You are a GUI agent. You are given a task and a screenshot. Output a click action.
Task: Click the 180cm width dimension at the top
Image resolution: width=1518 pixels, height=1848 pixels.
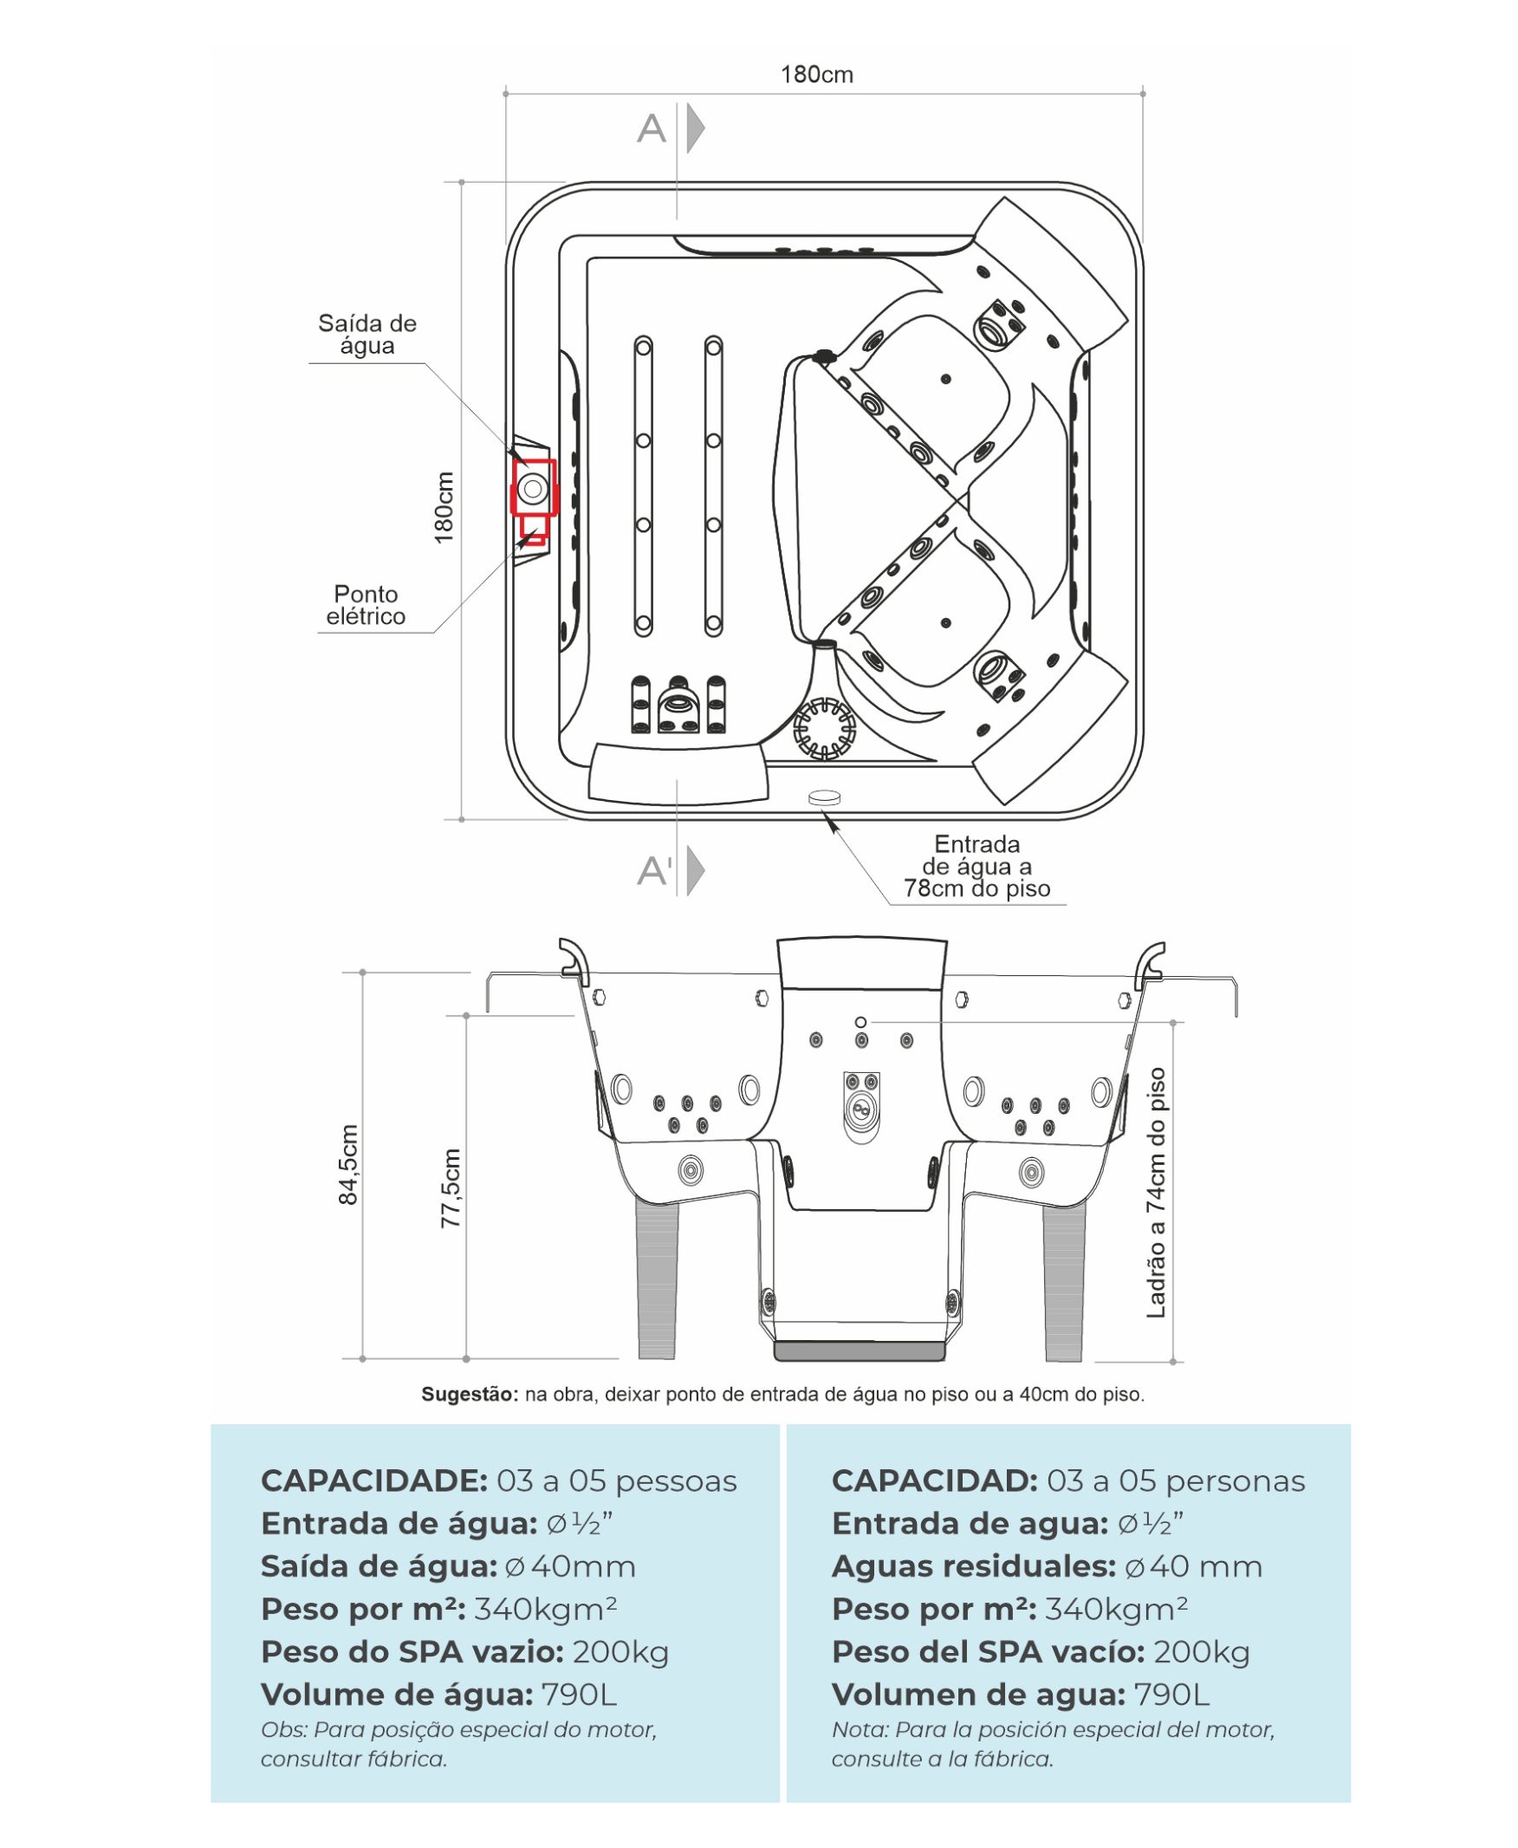(816, 75)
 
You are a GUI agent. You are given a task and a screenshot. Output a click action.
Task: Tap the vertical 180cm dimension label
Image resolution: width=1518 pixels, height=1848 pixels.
(444, 507)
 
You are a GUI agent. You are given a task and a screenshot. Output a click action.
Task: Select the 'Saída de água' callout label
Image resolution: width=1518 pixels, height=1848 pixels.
(367, 334)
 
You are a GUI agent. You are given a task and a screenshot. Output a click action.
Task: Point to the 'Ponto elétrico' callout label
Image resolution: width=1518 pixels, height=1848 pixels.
(366, 605)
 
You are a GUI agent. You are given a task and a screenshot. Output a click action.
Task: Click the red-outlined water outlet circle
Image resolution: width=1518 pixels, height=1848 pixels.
(533, 488)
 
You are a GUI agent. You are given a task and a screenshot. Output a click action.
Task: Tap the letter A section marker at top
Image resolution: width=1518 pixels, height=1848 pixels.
(652, 129)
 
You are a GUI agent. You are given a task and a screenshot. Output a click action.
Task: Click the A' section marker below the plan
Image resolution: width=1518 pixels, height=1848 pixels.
(655, 871)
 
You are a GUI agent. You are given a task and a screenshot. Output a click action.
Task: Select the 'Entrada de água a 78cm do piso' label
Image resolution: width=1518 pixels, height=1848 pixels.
(976, 867)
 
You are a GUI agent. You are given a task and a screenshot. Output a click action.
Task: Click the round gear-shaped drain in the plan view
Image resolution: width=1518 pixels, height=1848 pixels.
(824, 727)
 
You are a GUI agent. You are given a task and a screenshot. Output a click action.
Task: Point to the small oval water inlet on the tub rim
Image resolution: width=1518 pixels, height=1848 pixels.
(824, 797)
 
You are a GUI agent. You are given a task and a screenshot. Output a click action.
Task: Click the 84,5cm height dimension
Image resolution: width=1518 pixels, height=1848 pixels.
(348, 1165)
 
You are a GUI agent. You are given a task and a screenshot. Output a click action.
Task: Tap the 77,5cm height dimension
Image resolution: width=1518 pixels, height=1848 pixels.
(451, 1188)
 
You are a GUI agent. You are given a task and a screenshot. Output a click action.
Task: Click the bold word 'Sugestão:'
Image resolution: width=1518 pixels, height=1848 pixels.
(470, 1394)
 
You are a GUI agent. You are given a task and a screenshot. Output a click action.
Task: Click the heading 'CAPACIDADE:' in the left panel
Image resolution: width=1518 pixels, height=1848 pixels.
(374, 1480)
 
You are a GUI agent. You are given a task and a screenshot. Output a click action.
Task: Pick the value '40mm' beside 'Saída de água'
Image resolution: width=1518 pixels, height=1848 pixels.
(582, 1566)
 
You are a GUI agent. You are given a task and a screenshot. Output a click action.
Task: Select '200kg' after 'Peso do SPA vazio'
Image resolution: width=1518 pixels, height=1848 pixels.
(621, 1652)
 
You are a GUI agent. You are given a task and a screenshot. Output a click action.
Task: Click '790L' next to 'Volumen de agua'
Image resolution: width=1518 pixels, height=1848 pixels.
(1171, 1695)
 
